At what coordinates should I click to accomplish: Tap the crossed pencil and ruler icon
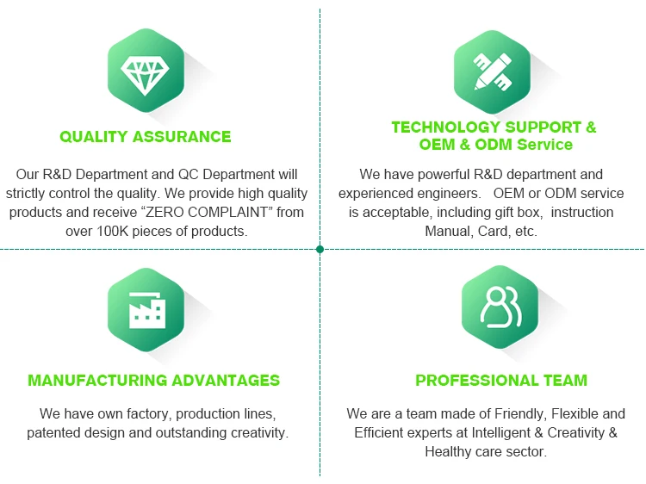click(493, 71)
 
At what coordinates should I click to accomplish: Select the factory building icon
click(146, 310)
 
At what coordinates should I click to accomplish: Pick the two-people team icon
click(500, 307)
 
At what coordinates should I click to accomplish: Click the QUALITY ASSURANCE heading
click(146, 137)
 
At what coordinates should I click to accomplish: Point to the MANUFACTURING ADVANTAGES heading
click(153, 380)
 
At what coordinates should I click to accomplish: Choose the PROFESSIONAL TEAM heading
click(501, 380)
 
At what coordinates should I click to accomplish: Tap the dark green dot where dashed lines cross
click(320, 249)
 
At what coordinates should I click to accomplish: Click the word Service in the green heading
click(544, 145)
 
